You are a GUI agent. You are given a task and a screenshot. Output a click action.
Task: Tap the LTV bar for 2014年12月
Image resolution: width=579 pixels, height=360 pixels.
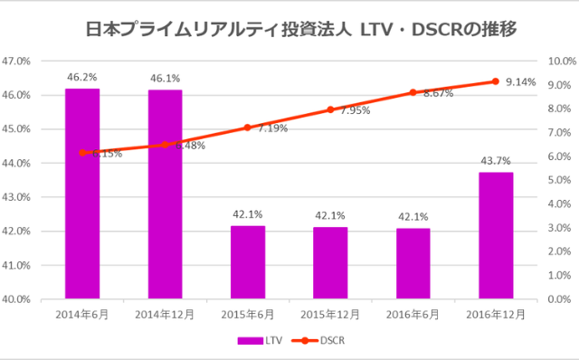pos(165,194)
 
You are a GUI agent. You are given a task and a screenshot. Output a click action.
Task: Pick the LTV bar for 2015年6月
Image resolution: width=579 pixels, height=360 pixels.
pos(248,262)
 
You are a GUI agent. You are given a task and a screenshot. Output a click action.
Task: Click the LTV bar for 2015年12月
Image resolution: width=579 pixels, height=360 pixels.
pos(330,262)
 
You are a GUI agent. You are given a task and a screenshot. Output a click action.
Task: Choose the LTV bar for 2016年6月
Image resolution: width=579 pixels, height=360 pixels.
pos(413,263)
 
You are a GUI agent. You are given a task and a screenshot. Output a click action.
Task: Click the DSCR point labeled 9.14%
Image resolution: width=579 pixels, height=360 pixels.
pos(496,81)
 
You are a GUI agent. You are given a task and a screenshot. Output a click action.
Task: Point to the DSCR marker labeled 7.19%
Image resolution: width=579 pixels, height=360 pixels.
pos(248,128)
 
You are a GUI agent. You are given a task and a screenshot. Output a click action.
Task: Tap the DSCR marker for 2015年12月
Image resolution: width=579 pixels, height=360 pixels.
pos(330,109)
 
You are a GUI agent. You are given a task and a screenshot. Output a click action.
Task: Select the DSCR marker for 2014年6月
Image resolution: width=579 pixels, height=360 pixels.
pos(82,153)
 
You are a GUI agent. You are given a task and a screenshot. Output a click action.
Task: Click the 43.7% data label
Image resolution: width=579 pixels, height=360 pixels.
pos(496,161)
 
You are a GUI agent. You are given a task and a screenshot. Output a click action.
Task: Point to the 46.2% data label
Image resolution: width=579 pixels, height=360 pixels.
pos(82,77)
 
